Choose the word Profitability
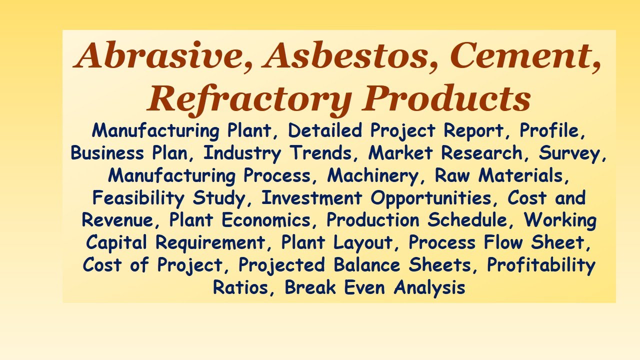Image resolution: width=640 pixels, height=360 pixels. pyautogui.click(x=541, y=265)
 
